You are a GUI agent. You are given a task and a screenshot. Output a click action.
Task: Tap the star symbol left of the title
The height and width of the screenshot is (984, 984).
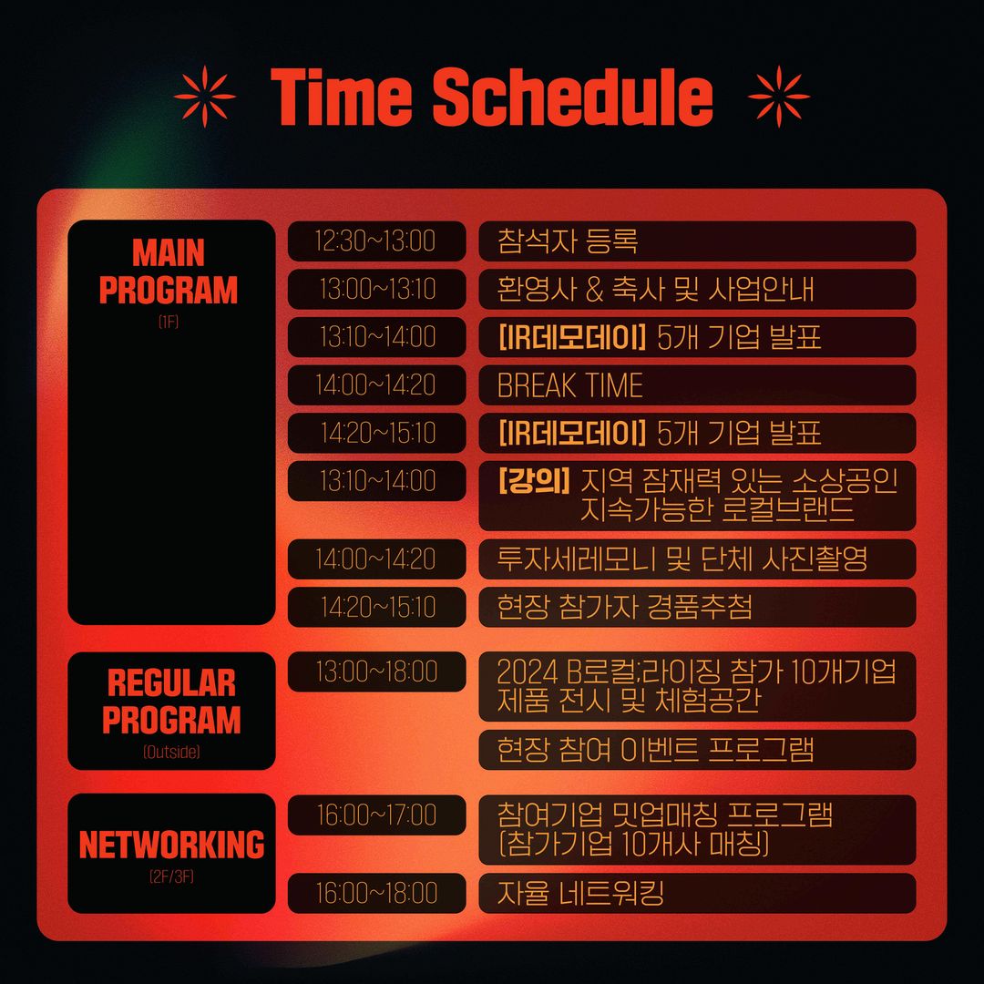[x=205, y=96]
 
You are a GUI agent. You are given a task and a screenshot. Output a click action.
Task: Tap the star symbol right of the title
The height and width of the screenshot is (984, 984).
[x=779, y=96]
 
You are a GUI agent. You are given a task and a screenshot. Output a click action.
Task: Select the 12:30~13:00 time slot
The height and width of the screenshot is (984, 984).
[x=376, y=241]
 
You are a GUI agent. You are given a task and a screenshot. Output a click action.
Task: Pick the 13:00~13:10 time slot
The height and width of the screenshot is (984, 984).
[x=377, y=289]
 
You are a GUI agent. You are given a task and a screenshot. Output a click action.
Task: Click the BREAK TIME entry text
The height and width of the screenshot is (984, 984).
[x=569, y=384]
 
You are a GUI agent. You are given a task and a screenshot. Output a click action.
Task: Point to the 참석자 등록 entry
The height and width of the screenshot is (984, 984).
[x=568, y=241]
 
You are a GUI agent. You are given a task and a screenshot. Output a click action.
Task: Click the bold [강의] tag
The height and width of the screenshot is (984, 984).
[x=534, y=481]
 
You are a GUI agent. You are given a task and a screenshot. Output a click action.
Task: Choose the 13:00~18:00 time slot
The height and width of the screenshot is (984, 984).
[x=376, y=671]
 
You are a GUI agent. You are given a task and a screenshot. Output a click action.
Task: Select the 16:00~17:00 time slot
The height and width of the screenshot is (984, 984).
[x=376, y=815]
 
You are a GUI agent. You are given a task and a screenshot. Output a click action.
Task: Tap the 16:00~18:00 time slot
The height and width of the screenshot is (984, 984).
[x=376, y=893]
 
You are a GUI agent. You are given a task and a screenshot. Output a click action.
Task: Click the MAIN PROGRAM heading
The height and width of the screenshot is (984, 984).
[x=169, y=272]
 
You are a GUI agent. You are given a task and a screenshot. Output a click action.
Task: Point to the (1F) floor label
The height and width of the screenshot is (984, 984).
[x=169, y=322]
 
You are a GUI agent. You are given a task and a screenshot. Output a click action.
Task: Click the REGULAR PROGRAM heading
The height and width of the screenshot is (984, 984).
[x=171, y=701]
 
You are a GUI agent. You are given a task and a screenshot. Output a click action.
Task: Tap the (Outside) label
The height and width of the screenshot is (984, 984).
[x=171, y=751]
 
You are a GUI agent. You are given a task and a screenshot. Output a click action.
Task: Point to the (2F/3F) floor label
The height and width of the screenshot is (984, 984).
[x=171, y=876]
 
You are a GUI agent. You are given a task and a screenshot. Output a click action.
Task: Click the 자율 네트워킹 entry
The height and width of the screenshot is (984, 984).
[x=580, y=893]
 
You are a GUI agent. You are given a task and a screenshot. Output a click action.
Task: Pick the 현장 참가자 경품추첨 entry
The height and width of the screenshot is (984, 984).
[x=624, y=607]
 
